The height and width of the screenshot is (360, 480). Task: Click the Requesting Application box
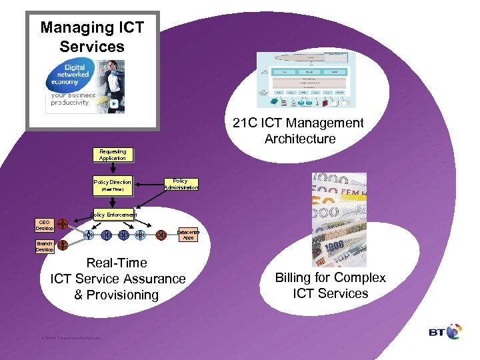point(112,155)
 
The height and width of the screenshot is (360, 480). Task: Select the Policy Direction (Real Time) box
point(112,185)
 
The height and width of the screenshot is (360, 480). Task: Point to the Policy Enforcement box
point(113,215)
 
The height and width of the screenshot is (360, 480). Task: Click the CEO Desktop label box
point(45,225)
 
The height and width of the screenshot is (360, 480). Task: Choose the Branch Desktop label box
point(45,247)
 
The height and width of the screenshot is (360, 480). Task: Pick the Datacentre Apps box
point(189,235)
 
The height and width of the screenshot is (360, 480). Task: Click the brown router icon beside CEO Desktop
point(62,224)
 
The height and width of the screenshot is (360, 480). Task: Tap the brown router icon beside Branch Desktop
point(62,245)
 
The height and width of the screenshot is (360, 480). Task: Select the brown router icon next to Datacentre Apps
point(161,235)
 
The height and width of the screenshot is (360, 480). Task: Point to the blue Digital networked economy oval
point(67,78)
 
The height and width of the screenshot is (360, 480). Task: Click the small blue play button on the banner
point(113,104)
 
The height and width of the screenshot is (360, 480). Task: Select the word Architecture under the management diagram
point(299,139)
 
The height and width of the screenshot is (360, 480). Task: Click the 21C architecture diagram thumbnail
point(306,80)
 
